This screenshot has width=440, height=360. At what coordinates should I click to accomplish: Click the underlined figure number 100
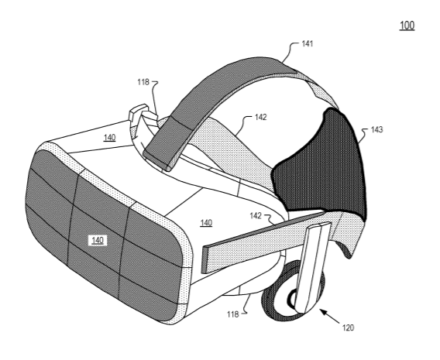click(x=407, y=26)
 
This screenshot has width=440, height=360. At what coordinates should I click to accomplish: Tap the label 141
click(x=308, y=43)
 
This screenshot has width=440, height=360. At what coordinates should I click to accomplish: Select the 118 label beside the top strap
click(x=143, y=82)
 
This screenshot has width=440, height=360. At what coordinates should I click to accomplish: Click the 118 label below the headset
click(x=233, y=314)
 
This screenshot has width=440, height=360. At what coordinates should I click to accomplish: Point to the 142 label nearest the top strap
click(x=260, y=117)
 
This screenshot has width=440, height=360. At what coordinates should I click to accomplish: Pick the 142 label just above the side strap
click(x=256, y=215)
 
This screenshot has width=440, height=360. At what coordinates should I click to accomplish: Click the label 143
click(x=376, y=129)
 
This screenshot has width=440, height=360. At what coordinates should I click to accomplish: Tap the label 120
click(x=348, y=327)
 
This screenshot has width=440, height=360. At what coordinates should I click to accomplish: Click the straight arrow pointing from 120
click(x=330, y=315)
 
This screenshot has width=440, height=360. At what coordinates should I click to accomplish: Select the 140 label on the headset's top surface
click(x=109, y=138)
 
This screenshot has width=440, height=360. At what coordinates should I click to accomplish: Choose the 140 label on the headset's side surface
click(x=206, y=223)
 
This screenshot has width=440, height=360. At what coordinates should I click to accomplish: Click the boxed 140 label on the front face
click(x=98, y=241)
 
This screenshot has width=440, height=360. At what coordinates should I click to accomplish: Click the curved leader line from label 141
click(x=290, y=52)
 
